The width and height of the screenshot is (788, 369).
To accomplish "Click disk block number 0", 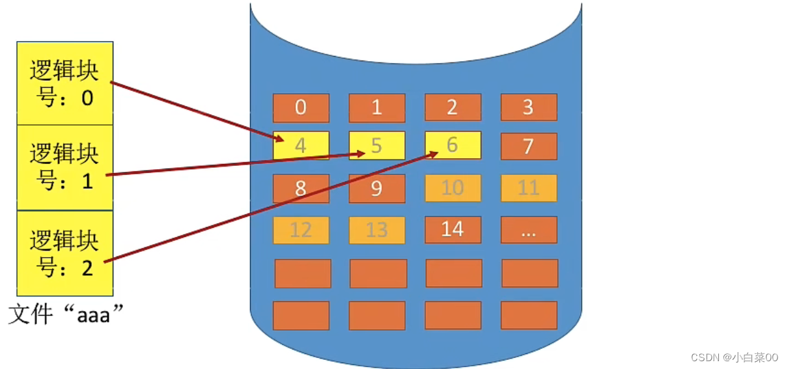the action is [300, 108].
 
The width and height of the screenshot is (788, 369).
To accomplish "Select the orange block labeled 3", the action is [528, 107].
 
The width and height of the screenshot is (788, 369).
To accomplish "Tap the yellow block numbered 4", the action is [301, 146].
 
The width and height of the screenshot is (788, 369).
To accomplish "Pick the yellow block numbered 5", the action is [376, 146].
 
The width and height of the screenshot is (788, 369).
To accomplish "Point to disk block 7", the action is [528, 146].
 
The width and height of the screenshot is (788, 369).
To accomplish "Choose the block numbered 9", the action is [376, 189].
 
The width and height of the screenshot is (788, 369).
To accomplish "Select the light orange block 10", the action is [453, 189].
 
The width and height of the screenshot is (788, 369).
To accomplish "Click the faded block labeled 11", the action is [528, 189].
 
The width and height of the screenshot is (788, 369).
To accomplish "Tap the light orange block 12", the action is [301, 230].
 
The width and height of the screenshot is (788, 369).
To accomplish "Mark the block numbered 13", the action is [376, 230].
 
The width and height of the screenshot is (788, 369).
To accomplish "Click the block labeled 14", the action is [453, 230].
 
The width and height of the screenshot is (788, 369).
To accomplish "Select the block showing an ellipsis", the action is [528, 230].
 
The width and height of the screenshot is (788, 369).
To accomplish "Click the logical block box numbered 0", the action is [64, 83].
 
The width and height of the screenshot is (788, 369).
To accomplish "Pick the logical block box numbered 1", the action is [64, 167].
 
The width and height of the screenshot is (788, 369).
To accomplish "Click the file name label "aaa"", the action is [66, 315].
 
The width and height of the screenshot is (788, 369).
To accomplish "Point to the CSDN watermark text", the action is [734, 357].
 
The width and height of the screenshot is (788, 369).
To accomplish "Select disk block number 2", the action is [453, 107].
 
